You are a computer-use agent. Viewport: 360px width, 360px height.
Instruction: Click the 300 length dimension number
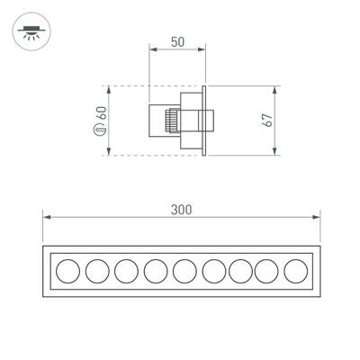coord(180,210)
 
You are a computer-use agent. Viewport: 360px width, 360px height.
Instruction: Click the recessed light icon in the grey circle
coord(31,32)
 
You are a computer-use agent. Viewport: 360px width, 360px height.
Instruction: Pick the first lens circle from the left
coord(67,270)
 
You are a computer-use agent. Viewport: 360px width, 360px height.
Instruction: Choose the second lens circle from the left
coord(96,270)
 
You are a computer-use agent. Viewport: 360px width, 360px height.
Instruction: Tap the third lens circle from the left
coord(125,270)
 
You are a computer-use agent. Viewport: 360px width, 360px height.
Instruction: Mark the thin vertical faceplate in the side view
coord(207,121)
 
